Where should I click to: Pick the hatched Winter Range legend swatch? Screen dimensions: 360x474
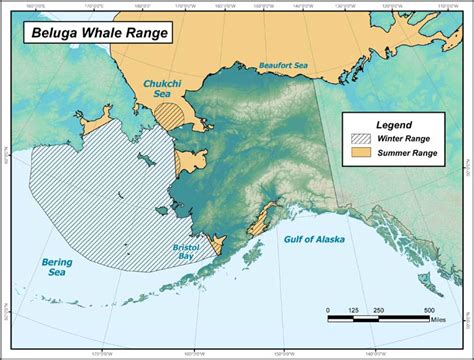click(362, 140)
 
